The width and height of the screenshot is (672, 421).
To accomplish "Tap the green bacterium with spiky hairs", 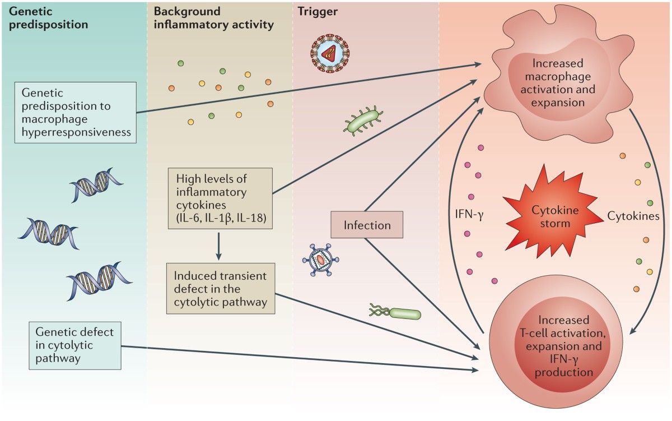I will pyautogui.click(x=363, y=122).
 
